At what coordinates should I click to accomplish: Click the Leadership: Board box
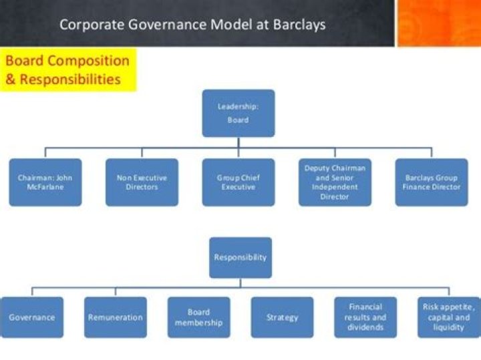(238, 113)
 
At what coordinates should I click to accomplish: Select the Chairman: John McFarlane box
(45, 182)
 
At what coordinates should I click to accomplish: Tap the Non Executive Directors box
(142, 182)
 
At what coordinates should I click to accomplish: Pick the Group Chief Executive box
(238, 182)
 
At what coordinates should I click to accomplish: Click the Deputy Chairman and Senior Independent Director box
(335, 182)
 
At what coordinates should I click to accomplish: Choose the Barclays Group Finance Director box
(432, 182)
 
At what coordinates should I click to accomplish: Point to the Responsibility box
(240, 257)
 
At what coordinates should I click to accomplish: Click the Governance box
(31, 317)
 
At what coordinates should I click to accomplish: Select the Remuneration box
(116, 317)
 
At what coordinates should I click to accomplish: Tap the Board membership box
(198, 317)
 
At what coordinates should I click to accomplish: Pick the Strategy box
(282, 317)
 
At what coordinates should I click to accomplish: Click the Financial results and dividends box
(365, 317)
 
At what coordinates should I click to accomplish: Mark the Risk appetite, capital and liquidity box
(448, 317)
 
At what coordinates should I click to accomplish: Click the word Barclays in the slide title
(297, 25)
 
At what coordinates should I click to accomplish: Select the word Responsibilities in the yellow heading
(70, 79)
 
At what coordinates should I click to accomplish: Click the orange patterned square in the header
(439, 23)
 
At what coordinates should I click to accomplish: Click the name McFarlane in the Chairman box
(45, 188)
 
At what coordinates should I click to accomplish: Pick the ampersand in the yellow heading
(11, 79)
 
